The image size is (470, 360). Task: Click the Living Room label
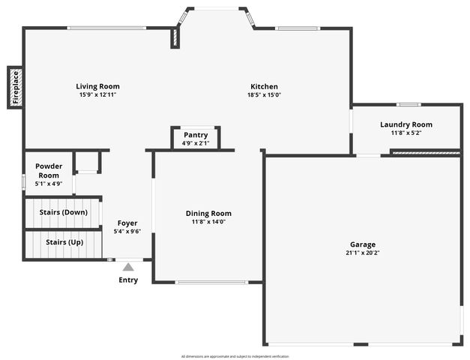pyautogui.click(x=97, y=86)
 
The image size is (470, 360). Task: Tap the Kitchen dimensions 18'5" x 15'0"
pyautogui.click(x=264, y=95)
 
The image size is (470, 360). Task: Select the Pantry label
pyautogui.click(x=196, y=135)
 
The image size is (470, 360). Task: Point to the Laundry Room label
pyautogui.click(x=406, y=124)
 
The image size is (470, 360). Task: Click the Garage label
pyautogui.click(x=363, y=244)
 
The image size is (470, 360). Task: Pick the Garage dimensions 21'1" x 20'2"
pyautogui.click(x=363, y=253)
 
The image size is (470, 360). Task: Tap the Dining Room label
pyautogui.click(x=208, y=214)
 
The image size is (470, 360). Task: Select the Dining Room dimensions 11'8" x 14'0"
pyautogui.click(x=208, y=222)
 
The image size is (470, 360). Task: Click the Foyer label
pyautogui.click(x=127, y=223)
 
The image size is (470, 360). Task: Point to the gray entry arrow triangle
pyautogui.click(x=128, y=267)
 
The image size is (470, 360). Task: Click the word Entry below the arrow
pyautogui.click(x=128, y=280)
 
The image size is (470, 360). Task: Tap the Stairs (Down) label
pyautogui.click(x=63, y=212)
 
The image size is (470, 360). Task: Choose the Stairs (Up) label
pyautogui.click(x=64, y=242)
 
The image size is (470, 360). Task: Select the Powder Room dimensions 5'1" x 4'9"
pyautogui.click(x=49, y=183)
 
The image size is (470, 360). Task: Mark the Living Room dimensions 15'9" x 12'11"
pyautogui.click(x=97, y=95)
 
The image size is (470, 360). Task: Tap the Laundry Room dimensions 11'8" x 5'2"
pyautogui.click(x=406, y=133)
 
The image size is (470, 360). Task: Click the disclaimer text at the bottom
pyautogui.click(x=235, y=356)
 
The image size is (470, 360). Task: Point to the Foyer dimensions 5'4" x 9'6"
pyautogui.click(x=127, y=232)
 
